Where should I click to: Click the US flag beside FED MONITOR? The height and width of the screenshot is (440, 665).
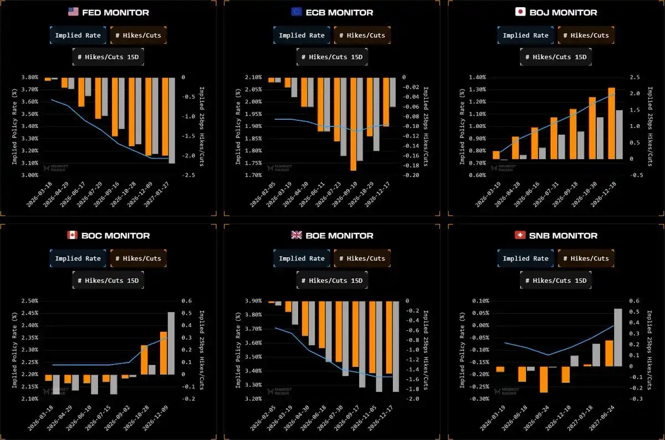coord(73,12)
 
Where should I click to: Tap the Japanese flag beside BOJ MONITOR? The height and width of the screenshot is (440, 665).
coord(520,12)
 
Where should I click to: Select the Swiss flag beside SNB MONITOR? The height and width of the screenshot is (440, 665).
coord(520,235)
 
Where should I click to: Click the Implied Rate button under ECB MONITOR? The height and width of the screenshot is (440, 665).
coord(301,35)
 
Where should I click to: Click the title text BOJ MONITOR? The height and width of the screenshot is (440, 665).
coord(564,12)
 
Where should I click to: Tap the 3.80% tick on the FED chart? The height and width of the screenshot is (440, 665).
coord(29,78)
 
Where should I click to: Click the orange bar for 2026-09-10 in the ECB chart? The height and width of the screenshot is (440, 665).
coord(353,124)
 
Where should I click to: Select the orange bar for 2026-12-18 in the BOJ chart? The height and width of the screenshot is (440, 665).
coord(611,123)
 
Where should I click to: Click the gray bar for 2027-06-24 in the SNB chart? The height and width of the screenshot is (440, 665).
coord(617,337)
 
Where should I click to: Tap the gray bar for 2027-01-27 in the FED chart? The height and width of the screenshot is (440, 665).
coord(172,120)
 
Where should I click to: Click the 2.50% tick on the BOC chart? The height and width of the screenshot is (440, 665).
coord(29,301)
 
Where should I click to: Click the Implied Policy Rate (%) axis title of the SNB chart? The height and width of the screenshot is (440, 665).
coord(463,350)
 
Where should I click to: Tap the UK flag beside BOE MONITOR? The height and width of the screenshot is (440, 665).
coord(296,235)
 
